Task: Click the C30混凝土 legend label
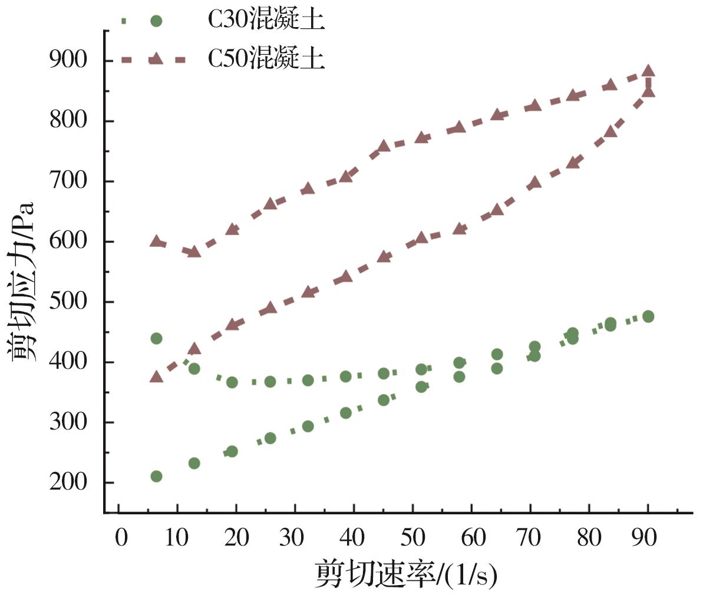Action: point(266,21)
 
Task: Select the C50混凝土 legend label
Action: point(266,59)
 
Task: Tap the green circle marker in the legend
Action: point(156,21)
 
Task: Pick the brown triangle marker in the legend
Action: point(156,58)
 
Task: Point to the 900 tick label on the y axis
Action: point(68,61)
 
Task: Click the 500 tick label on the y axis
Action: point(68,302)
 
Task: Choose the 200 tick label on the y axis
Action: point(68,483)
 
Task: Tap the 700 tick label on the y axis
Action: point(68,181)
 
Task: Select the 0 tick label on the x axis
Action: point(120,537)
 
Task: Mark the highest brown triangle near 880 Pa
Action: point(648,72)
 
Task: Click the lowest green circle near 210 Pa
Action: point(156,476)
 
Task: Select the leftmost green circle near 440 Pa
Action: point(156,338)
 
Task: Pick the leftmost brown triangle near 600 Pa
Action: point(156,242)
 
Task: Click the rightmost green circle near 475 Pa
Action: point(648,316)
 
